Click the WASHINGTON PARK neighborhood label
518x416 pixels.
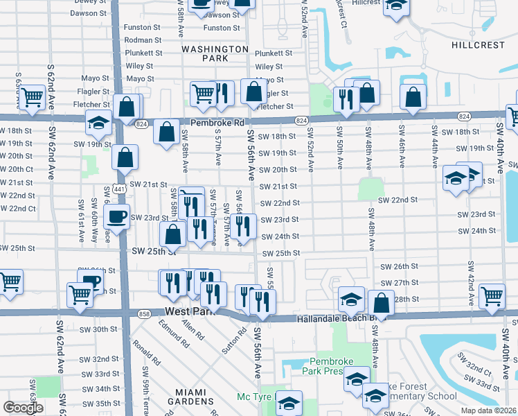pos(215,54)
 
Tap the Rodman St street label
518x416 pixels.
pos(143,40)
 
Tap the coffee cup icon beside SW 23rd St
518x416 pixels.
pos(116,216)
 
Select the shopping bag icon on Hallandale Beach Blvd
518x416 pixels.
pos(381,303)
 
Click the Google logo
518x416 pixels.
pos(23,408)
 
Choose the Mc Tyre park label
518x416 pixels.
pos(252,397)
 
